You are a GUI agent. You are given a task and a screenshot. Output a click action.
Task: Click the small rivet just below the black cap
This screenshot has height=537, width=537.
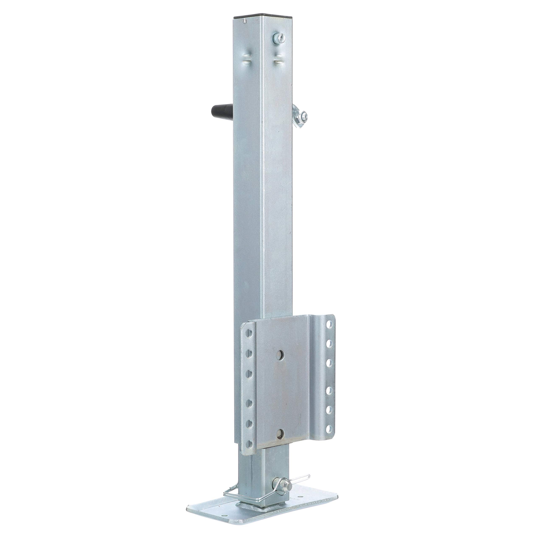[244, 20]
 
